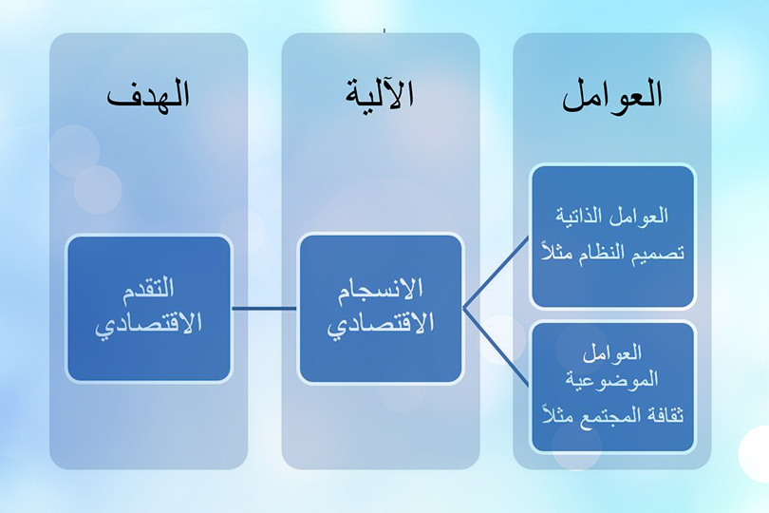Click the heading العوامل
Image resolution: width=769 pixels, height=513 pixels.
coord(611,95)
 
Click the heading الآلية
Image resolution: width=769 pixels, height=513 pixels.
coord(380,93)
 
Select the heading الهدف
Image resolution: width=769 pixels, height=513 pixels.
coord(148,94)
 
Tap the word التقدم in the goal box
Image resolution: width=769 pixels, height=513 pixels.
coord(149,288)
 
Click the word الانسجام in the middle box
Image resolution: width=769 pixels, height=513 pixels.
coord(381,289)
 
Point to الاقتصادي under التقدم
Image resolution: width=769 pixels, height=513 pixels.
coord(149,325)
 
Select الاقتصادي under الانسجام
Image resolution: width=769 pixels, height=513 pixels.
coord(381,325)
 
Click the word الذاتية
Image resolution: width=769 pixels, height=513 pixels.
coord(579,216)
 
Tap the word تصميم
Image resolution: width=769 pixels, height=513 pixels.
coord(661,254)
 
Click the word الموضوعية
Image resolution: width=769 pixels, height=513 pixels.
coord(611,379)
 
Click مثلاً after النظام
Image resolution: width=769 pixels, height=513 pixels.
coord(558,252)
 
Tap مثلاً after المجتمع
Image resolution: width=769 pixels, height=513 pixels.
coord(558,415)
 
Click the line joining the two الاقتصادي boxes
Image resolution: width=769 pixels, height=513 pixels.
coord(264,309)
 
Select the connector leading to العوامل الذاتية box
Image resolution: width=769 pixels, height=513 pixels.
coord(496,273)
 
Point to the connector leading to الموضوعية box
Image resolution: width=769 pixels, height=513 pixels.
coord(496,347)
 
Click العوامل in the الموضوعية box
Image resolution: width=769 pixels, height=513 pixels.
coord(611,353)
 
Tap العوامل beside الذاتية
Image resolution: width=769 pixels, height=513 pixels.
coord(639,216)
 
